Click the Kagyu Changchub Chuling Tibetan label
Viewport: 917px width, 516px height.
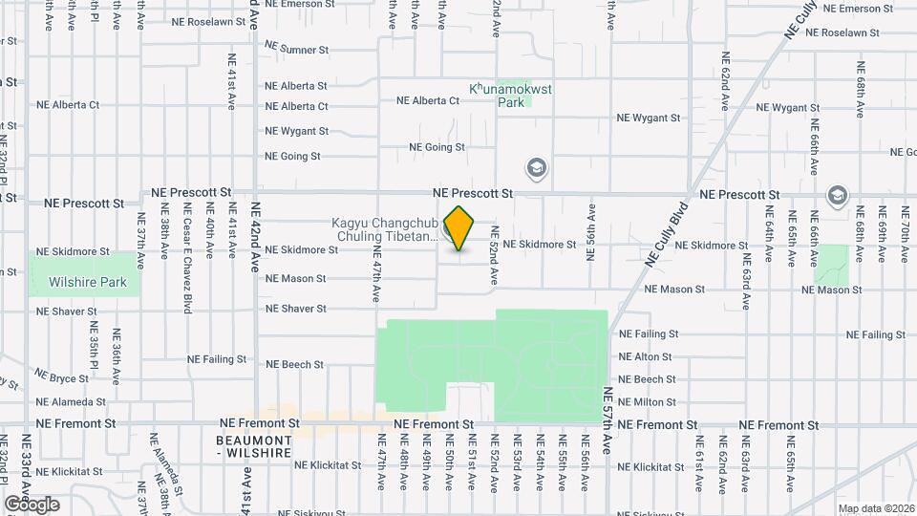(384, 230)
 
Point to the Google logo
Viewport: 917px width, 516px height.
(32, 505)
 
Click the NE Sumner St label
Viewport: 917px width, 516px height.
(296, 48)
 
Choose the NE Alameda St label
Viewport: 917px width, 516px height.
(72, 402)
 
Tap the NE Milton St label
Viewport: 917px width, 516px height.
(649, 402)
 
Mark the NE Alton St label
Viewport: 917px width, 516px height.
(647, 357)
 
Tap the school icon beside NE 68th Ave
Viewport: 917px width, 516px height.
(838, 195)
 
